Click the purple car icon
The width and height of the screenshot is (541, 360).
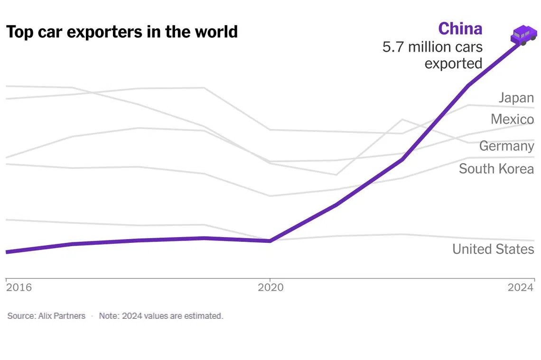pos(523,36)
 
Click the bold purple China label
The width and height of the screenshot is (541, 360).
pos(460,29)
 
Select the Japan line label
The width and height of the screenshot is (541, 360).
pos(516,98)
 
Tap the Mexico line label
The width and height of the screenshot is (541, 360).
pos(512,119)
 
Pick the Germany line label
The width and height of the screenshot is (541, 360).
pos(506,146)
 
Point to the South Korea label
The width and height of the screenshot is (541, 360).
pos(496,169)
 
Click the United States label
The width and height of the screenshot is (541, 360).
pos(493,249)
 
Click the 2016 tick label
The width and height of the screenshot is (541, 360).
pos(19,287)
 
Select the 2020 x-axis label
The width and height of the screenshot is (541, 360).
pos(270,287)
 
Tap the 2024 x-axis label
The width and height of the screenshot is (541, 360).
pos(521,287)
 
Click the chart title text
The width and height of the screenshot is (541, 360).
pos(121,32)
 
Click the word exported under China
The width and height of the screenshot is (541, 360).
pos(453,63)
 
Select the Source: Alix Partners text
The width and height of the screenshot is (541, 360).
pos(47,316)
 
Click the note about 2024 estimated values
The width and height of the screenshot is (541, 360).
pos(161,316)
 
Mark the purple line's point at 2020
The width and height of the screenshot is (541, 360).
pos(270,241)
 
